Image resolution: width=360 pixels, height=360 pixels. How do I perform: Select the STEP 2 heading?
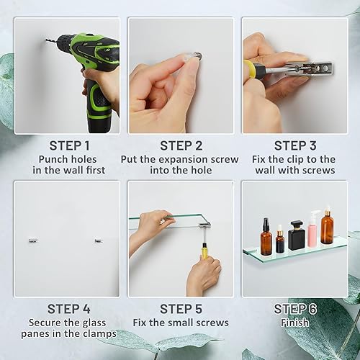pyautogui.click(x=181, y=145)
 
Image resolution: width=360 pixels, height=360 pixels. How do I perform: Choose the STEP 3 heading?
pyautogui.click(x=294, y=145)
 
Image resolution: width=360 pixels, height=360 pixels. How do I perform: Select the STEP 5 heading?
pyautogui.click(x=181, y=309)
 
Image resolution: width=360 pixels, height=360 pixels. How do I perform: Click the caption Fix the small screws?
pyautogui.click(x=181, y=323)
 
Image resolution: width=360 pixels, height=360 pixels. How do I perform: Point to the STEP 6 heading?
pyautogui.click(x=294, y=309)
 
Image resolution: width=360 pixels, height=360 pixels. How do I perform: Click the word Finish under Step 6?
pyautogui.click(x=294, y=323)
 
